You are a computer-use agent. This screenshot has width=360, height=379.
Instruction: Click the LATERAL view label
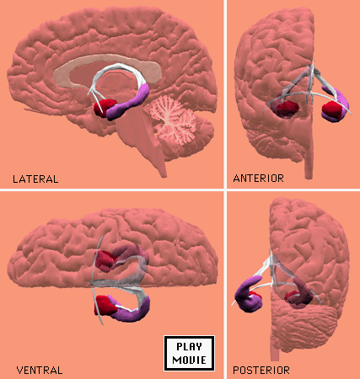[x=35, y=179]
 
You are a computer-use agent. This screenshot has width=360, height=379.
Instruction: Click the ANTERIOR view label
[x=258, y=179]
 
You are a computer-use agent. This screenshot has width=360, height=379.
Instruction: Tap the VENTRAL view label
[x=40, y=371]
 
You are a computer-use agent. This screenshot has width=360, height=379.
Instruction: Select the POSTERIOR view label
[x=261, y=371]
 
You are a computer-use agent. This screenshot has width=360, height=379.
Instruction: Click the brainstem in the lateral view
[x=141, y=135]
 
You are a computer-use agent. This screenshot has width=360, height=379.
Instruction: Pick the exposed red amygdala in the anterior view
[x=331, y=110]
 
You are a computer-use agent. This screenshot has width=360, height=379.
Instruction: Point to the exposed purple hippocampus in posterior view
[x=248, y=293]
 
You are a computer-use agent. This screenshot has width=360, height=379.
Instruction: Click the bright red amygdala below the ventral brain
[x=105, y=305]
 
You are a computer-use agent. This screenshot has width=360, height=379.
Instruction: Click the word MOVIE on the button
[x=189, y=360]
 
